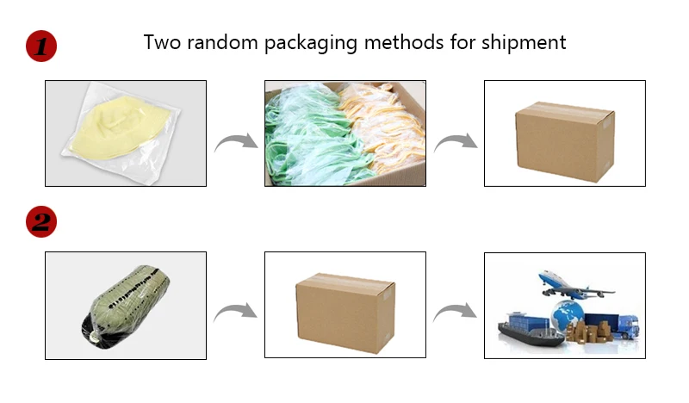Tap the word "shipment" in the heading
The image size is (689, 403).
[525, 42]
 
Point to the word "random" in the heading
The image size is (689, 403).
[225, 42]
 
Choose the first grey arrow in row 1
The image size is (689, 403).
[235, 140]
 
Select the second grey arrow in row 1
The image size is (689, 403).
[455, 140]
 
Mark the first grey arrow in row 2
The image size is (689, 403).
[235, 313]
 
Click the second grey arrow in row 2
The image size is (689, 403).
[455, 313]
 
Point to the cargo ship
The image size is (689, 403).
[529, 332]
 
